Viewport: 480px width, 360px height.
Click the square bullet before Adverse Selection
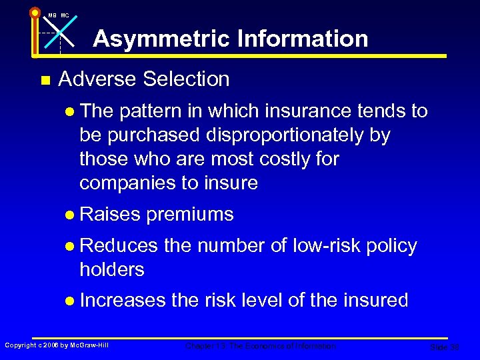(x=45, y=81)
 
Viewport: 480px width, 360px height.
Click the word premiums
(x=190, y=215)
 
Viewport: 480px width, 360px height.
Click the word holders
(x=111, y=270)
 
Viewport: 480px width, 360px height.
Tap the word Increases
(x=123, y=301)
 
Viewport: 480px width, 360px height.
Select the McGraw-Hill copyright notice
(x=57, y=345)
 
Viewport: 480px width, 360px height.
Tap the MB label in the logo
(x=51, y=15)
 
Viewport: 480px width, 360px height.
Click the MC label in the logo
(x=65, y=15)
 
